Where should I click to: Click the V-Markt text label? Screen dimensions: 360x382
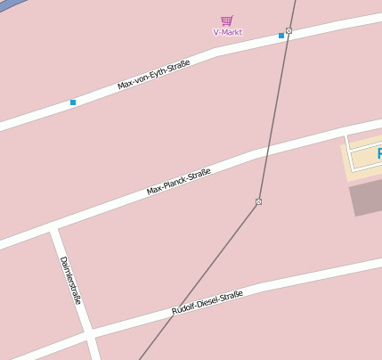tap(227, 32)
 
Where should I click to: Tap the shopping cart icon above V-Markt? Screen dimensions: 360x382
tap(227, 20)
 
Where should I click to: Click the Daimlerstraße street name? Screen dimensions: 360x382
tap(70, 280)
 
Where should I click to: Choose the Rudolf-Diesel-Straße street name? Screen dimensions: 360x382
tap(207, 303)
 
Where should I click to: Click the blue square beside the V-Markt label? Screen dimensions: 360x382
tap(281, 36)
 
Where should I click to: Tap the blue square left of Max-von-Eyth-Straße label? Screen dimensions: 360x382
tap(73, 102)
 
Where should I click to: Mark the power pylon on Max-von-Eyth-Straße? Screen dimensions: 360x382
tap(289, 30)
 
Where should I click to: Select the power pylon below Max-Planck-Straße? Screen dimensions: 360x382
tap(258, 202)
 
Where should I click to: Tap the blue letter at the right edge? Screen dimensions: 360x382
tap(378, 154)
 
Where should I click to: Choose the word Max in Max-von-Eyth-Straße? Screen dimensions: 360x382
tap(125, 86)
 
